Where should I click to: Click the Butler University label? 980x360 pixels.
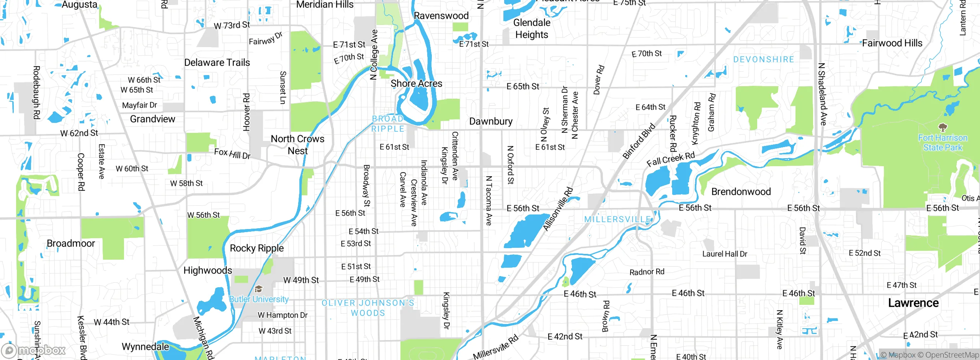pyautogui.click(x=259, y=299)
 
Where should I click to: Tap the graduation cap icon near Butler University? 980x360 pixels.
pyautogui.click(x=259, y=289)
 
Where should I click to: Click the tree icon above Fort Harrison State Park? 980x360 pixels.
pyautogui.click(x=942, y=127)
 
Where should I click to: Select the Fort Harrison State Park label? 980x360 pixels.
pyautogui.click(x=942, y=142)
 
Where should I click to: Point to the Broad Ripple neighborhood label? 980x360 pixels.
pyautogui.click(x=388, y=124)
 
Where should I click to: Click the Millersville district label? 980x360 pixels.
pyautogui.click(x=617, y=219)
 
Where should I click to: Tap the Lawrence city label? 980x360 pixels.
pyautogui.click(x=913, y=303)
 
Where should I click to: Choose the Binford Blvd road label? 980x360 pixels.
pyautogui.click(x=639, y=141)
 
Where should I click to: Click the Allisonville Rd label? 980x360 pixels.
pyautogui.click(x=558, y=209)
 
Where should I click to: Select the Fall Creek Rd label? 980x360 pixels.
pyautogui.click(x=670, y=159)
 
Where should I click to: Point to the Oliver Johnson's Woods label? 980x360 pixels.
pyautogui.click(x=367, y=308)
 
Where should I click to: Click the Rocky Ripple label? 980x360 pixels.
pyautogui.click(x=256, y=248)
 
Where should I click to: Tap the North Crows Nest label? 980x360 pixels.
pyautogui.click(x=297, y=144)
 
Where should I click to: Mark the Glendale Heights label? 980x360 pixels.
pyautogui.click(x=532, y=29)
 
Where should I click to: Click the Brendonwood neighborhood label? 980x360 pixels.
pyautogui.click(x=741, y=192)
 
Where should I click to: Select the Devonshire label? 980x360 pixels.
pyautogui.click(x=763, y=59)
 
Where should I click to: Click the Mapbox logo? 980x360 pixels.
pyautogui.click(x=34, y=350)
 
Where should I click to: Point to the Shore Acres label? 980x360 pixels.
pyautogui.click(x=416, y=83)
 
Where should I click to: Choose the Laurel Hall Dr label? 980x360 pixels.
pyautogui.click(x=724, y=254)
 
